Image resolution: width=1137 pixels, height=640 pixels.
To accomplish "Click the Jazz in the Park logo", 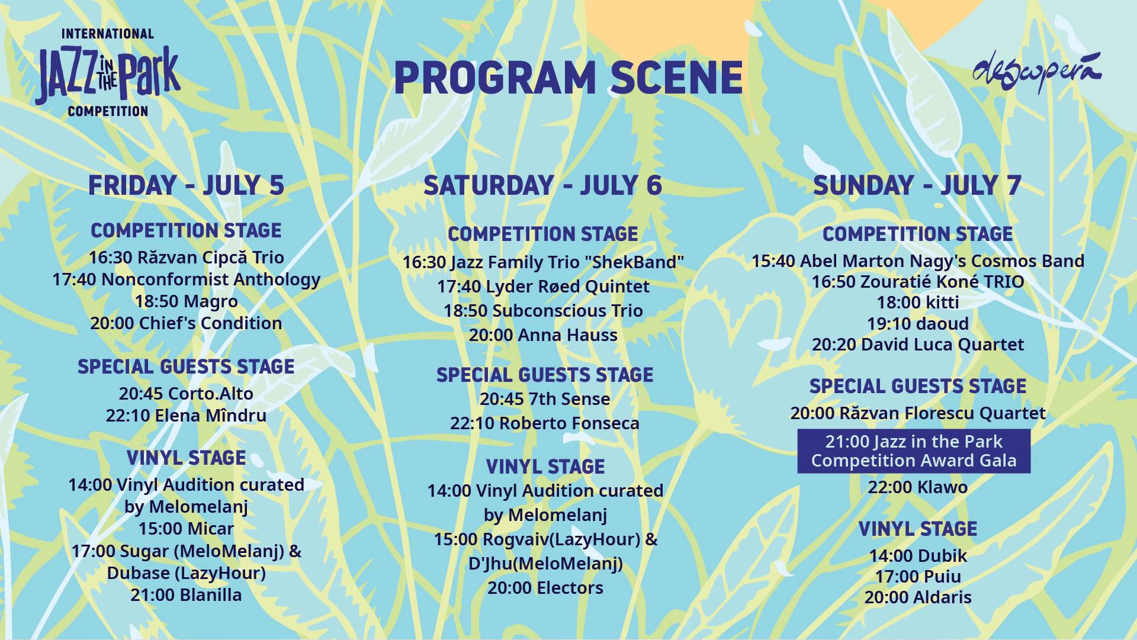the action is (108, 72).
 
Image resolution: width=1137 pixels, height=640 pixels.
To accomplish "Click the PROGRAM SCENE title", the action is (568, 78).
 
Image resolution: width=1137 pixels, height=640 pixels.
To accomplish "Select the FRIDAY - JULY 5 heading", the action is (186, 185).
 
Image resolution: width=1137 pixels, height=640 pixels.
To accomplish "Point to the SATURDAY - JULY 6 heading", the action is (542, 185).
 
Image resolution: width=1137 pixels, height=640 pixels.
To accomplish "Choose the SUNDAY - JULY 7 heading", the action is (917, 185).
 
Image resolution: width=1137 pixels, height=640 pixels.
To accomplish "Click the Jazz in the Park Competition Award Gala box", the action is (914, 451).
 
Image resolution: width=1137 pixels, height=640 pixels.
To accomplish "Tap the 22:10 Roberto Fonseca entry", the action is (545, 423).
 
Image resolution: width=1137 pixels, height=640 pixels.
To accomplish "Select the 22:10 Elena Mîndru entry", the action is (186, 415).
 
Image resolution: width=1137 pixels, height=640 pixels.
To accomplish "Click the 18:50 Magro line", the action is (186, 301).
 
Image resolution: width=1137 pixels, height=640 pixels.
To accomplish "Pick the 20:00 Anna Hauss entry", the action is (543, 335).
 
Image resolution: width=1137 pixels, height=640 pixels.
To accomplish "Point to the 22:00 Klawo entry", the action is (918, 487).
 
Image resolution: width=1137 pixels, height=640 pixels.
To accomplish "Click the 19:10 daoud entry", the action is (918, 324).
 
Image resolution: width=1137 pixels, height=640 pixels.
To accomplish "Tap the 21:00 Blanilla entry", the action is (186, 595).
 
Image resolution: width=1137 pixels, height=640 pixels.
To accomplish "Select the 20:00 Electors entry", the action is (545, 588).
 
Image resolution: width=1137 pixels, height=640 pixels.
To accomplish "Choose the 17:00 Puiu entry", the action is (918, 577).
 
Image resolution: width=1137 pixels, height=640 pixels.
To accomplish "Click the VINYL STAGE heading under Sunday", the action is (918, 529).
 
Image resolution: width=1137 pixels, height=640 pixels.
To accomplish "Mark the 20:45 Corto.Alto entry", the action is (186, 394).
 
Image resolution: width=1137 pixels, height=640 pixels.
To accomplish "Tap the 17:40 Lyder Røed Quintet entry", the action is (543, 287).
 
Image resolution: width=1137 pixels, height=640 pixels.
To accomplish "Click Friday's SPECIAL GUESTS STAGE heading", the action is (186, 366).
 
